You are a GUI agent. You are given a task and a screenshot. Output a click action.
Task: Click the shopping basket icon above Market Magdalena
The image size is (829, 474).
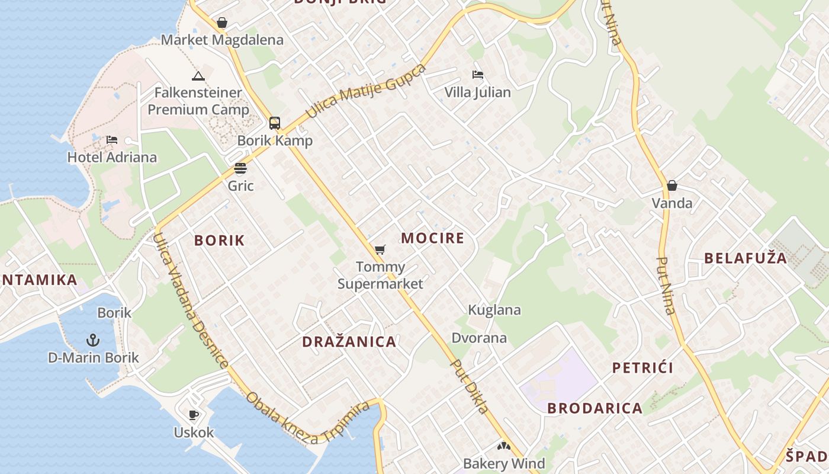click(222, 23)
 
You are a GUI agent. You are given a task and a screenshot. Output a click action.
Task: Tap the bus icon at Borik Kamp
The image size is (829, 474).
click(275, 123)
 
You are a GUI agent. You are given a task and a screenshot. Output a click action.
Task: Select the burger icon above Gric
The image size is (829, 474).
click(240, 168)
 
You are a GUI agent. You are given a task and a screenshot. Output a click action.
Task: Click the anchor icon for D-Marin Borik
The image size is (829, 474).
click(93, 340)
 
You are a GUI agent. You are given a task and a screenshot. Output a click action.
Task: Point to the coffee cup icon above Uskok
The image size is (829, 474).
click(193, 415)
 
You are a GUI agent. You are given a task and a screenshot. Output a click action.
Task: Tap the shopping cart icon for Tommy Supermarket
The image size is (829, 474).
click(380, 250)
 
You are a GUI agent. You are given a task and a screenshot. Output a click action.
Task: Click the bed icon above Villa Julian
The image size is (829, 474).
click(477, 75)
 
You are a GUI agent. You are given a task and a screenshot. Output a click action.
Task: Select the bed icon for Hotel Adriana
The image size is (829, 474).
click(112, 140)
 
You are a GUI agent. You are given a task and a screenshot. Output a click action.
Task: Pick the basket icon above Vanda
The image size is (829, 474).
click(671, 185)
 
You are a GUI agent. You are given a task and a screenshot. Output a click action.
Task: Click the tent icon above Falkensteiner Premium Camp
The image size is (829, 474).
click(198, 76)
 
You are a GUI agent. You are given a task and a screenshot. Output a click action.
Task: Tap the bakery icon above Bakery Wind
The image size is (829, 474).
click(503, 446)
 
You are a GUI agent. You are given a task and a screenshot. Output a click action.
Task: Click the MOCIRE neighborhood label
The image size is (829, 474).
click(432, 238)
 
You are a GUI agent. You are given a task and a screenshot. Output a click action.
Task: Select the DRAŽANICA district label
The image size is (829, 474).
click(349, 342)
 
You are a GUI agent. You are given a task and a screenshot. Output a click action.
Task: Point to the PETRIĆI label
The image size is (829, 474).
click(642, 368)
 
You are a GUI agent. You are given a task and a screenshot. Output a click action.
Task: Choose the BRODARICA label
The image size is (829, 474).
click(595, 408)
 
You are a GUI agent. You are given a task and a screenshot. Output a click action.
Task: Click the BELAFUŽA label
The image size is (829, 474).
click(746, 258)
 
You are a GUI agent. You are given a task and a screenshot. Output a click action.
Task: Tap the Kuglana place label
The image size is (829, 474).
click(494, 310)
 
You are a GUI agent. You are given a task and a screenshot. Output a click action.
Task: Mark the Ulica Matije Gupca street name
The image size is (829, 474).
click(366, 91)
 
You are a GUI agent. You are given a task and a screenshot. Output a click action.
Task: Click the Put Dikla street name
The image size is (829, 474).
click(470, 386)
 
